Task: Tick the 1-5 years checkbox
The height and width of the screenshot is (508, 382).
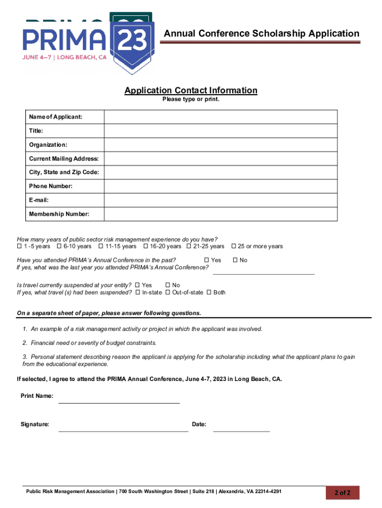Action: [19, 247]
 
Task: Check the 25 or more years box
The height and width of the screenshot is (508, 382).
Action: [234, 247]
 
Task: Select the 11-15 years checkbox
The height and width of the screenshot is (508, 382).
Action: [101, 247]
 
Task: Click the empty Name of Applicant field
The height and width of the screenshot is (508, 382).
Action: [221, 117]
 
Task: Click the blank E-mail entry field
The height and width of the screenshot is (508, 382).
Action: [221, 200]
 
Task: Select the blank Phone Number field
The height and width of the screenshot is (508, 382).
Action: [221, 187]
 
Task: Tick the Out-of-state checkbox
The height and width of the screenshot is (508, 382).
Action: [168, 293]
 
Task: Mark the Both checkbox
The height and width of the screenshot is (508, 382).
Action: [209, 293]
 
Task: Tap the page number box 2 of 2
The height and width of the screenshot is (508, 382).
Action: [342, 493]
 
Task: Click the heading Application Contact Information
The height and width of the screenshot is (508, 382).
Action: [191, 90]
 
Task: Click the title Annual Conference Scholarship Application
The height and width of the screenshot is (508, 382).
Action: [261, 34]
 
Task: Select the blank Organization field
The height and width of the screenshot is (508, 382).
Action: [221, 145]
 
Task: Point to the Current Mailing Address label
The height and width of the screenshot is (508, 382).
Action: [64, 159]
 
